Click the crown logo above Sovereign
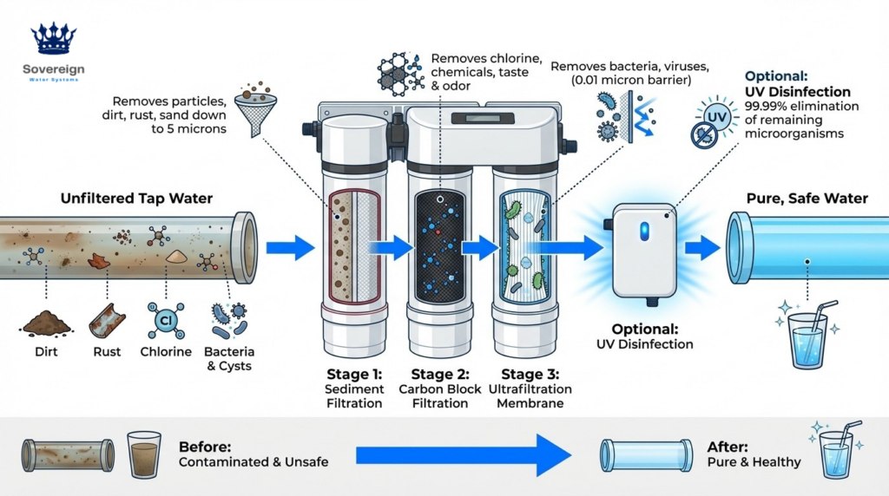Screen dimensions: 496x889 coord(54,40)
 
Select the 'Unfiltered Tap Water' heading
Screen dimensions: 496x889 coord(136,199)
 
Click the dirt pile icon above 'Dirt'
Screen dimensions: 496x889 coord(47,323)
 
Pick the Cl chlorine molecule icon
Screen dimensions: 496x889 coord(165,319)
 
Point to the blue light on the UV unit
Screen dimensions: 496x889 coord(642,231)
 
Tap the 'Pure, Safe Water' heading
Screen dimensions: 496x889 coord(807,199)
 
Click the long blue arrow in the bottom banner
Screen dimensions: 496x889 coord(461,453)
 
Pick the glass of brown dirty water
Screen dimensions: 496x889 coord(144,453)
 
